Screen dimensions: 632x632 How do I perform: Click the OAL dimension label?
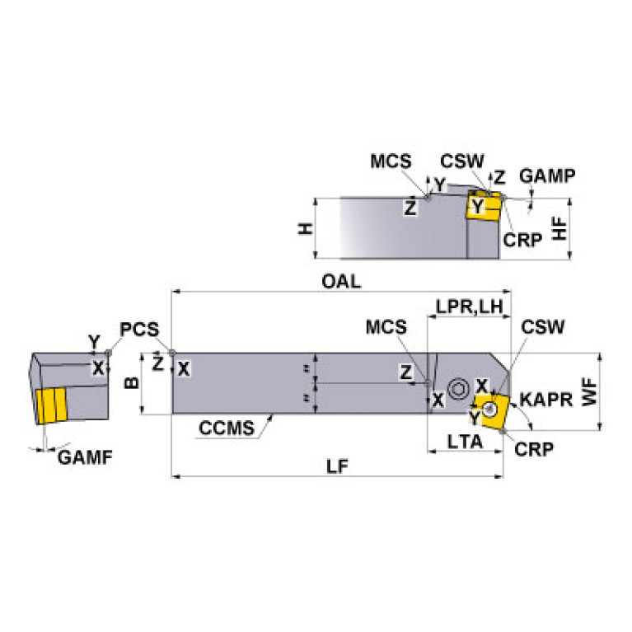click(341, 281)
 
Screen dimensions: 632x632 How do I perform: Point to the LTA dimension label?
click(466, 442)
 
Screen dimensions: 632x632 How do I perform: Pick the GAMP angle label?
click(548, 176)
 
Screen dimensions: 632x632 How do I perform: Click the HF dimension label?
click(559, 228)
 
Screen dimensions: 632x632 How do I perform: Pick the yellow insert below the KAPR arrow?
click(490, 410)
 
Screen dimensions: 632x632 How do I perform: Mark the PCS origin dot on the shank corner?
click(171, 353)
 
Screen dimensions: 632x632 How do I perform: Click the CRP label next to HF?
click(523, 240)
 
